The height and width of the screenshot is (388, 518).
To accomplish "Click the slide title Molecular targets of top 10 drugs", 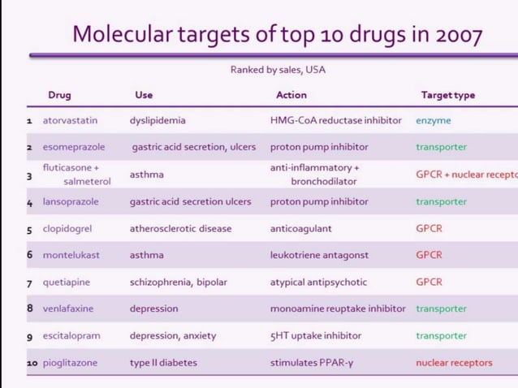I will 277,35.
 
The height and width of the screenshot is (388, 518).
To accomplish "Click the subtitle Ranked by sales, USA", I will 278,70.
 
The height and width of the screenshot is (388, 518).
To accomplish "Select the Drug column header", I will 59,95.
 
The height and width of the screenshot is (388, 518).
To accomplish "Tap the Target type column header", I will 448,95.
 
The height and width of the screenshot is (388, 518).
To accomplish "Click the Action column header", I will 291,95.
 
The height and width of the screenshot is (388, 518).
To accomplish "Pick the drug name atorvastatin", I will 70,121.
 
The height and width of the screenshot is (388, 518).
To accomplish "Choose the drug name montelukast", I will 71,255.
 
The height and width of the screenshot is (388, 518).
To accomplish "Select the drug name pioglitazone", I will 71,363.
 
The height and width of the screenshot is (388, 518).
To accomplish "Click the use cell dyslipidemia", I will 158,121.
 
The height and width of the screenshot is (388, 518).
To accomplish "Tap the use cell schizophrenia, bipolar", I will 179,282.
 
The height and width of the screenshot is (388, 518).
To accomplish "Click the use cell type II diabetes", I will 162,363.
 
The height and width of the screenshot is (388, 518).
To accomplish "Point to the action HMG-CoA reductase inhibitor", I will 335,121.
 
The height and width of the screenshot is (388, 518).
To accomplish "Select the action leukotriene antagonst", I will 319,255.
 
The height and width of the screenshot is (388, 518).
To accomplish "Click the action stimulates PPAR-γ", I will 312,363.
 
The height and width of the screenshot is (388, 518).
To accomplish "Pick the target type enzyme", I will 434,121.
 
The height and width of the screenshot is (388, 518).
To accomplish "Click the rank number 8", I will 30,308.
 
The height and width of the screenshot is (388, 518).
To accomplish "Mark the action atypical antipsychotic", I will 318,282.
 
